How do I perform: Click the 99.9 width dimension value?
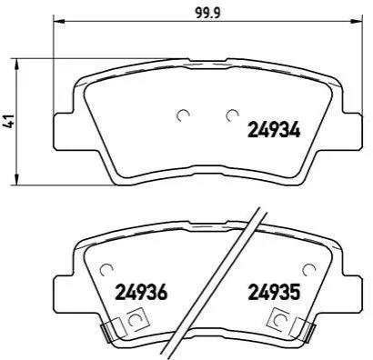(208, 13)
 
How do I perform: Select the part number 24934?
(274, 130)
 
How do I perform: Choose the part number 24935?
(274, 292)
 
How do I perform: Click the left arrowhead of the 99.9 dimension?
(59, 21)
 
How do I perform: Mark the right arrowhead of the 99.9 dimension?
(355, 21)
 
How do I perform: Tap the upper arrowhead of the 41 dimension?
(17, 64)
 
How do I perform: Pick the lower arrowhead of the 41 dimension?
(17, 179)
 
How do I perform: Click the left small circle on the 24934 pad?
(183, 115)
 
